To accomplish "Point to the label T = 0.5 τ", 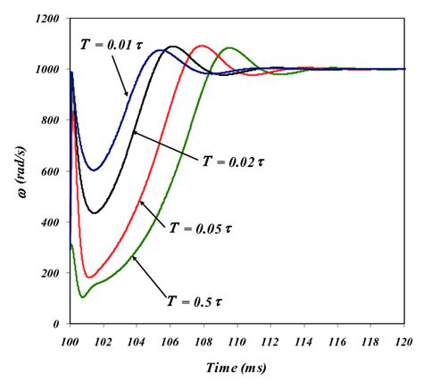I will click(195, 301).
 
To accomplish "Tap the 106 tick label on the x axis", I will click(171, 340).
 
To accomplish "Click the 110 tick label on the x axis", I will click(239, 340).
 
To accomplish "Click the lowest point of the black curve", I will click(95, 212).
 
